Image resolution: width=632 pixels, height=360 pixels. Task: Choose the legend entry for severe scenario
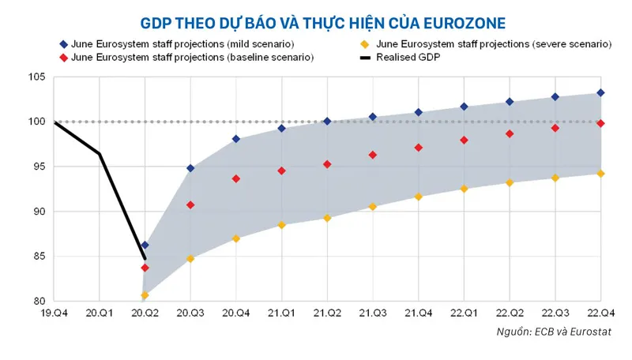tap(483, 43)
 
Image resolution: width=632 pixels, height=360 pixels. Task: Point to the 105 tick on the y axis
tap(39, 77)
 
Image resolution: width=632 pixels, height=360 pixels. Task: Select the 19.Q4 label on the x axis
tap(54, 313)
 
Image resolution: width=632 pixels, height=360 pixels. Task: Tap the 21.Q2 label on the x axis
tap(327, 313)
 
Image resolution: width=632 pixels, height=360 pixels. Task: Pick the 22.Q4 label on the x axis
tap(600, 313)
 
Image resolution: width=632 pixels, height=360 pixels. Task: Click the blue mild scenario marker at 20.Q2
tap(145, 245)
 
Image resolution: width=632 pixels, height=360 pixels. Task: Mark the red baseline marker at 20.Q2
tap(145, 268)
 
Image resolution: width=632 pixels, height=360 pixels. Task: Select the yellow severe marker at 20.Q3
tap(190, 258)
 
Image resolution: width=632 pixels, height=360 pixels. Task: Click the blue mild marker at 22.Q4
tap(600, 92)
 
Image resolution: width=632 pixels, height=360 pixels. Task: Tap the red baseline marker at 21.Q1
tap(281, 171)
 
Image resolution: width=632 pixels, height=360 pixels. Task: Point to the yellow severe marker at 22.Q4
tap(600, 174)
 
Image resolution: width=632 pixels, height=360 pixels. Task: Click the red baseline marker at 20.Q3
tap(190, 204)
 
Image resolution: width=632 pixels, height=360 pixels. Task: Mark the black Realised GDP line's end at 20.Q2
tap(145, 258)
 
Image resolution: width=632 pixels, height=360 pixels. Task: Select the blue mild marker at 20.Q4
tap(235, 139)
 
